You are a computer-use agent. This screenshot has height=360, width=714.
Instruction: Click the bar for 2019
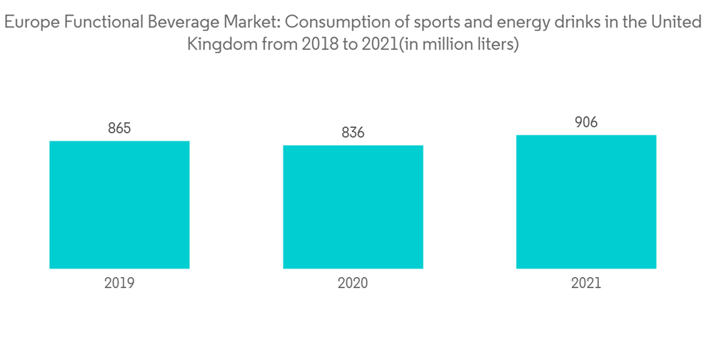click(119, 204)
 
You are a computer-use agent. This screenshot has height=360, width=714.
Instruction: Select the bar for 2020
click(353, 207)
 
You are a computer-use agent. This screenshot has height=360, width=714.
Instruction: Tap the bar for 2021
click(586, 201)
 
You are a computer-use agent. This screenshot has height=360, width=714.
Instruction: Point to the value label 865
click(119, 129)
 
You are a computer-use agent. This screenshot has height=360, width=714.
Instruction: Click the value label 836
click(353, 133)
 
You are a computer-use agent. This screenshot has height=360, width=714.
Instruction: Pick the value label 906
click(586, 123)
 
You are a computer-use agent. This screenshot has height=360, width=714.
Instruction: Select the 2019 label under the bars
click(119, 283)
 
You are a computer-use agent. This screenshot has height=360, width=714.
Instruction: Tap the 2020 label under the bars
click(353, 283)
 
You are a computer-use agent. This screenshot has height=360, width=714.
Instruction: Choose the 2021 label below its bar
click(586, 283)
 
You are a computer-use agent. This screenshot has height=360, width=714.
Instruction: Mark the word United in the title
click(677, 23)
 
